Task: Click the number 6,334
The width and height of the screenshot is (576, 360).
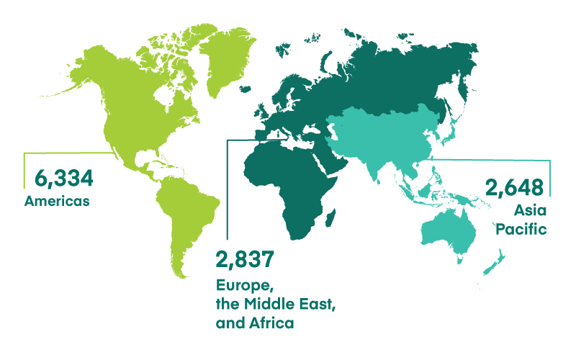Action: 59,177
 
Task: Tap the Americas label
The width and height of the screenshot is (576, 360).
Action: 57,201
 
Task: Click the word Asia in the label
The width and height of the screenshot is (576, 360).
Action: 530,210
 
